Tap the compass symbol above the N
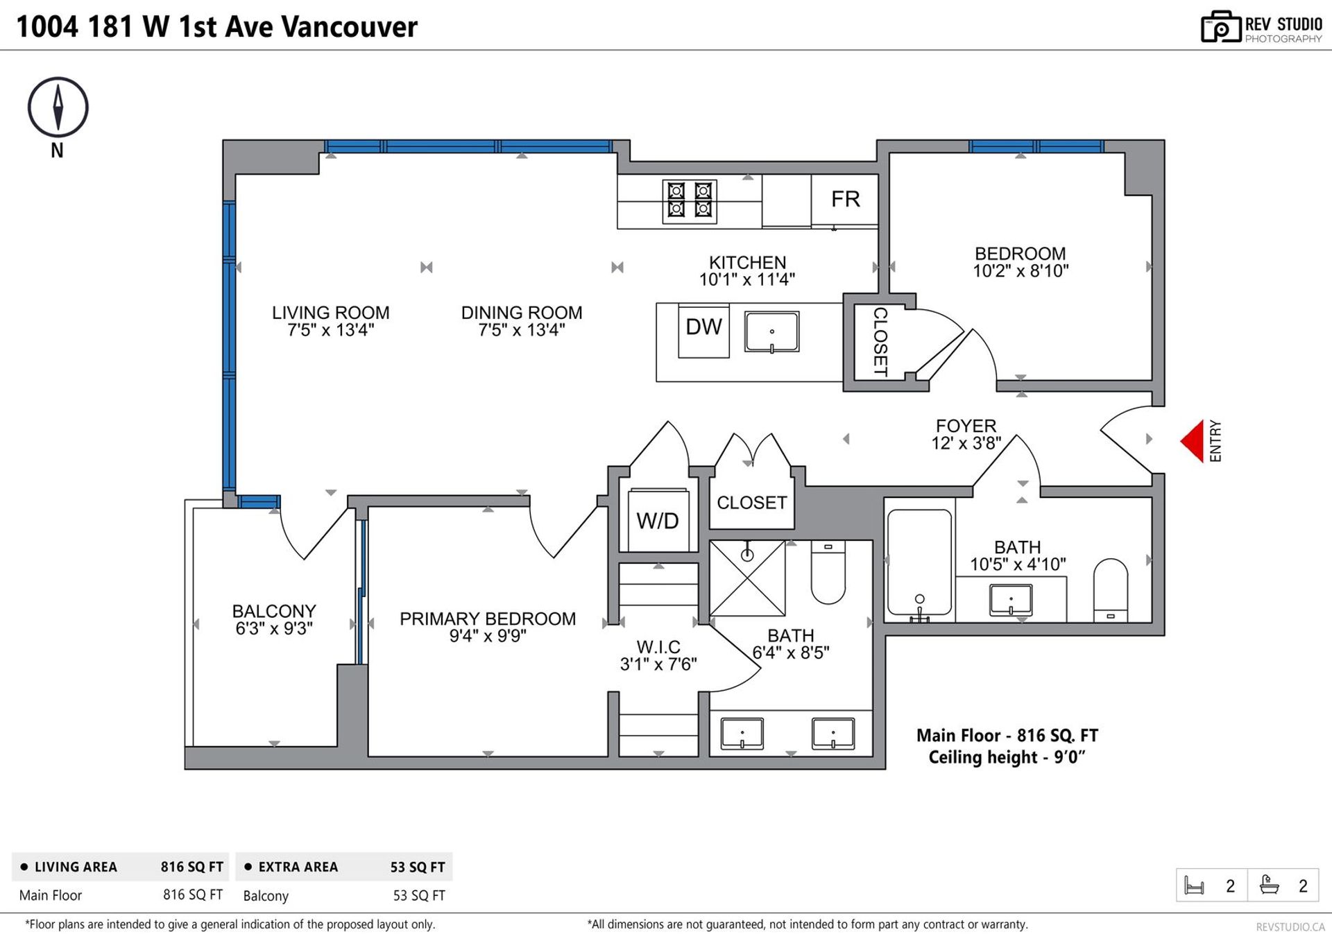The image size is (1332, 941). [58, 107]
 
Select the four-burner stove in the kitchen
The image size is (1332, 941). [690, 201]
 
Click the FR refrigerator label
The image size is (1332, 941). [846, 200]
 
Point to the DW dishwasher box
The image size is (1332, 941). [703, 331]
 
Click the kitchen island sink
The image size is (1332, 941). [771, 331]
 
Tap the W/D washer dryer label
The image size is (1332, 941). [658, 521]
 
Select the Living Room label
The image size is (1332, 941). [331, 313]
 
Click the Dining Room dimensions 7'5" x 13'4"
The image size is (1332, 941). [522, 330]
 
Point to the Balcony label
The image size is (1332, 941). [274, 611]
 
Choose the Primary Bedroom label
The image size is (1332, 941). [488, 619]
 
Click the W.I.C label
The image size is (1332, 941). [658, 647]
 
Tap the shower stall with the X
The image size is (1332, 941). [747, 578]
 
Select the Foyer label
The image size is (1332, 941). [966, 426]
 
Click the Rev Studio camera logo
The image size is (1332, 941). [1221, 27]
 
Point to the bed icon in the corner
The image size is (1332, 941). [1194, 886]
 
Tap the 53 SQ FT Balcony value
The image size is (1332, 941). [419, 895]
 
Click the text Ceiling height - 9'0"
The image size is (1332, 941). [1007, 757]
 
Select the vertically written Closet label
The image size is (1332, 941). [880, 342]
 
